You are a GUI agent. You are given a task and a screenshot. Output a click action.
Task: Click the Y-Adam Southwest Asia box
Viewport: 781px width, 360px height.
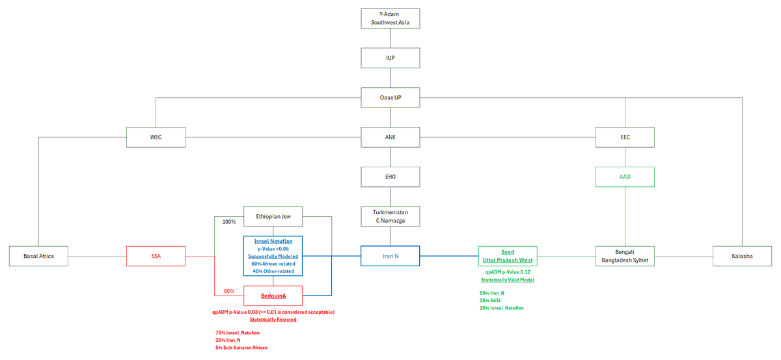[x=390, y=18]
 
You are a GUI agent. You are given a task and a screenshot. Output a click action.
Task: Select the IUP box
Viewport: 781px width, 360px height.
[x=390, y=58]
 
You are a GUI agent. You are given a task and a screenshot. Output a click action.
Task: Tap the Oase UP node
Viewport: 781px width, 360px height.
[x=390, y=98]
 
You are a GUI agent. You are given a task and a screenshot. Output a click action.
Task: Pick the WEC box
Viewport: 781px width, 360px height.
[x=156, y=137]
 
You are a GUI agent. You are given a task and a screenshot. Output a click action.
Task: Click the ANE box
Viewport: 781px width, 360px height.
[x=390, y=137]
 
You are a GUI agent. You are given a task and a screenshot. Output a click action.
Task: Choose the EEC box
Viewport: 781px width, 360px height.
[x=625, y=137]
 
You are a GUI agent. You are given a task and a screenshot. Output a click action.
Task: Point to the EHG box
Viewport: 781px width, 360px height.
[x=390, y=177]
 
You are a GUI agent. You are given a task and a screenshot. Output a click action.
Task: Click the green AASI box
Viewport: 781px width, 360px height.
[x=625, y=177]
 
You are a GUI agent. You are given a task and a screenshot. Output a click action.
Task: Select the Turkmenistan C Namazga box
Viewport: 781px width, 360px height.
[x=390, y=217]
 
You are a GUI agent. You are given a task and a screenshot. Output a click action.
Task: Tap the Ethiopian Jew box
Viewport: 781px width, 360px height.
[x=273, y=217]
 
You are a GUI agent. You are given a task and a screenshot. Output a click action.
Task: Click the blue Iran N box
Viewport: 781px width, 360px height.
[x=390, y=256]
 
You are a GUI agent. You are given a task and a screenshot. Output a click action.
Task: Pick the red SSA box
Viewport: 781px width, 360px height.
[x=156, y=256]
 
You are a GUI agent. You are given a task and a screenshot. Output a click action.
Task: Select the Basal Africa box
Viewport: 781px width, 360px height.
[x=38, y=256]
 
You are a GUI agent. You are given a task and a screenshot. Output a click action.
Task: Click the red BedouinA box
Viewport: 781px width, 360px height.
[x=273, y=296]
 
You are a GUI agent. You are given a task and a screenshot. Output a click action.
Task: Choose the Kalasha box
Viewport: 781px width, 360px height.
[x=742, y=256]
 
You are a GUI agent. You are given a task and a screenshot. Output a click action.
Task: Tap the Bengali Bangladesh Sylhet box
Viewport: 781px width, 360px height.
[x=625, y=256]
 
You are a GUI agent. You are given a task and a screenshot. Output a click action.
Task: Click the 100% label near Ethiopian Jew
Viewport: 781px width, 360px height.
[x=229, y=222]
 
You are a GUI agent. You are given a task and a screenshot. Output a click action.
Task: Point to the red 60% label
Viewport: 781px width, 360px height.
[x=229, y=291]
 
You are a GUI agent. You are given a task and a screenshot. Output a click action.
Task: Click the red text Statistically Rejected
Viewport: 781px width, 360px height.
[x=273, y=320]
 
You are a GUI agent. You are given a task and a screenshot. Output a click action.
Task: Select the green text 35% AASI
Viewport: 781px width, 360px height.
[x=490, y=300]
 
